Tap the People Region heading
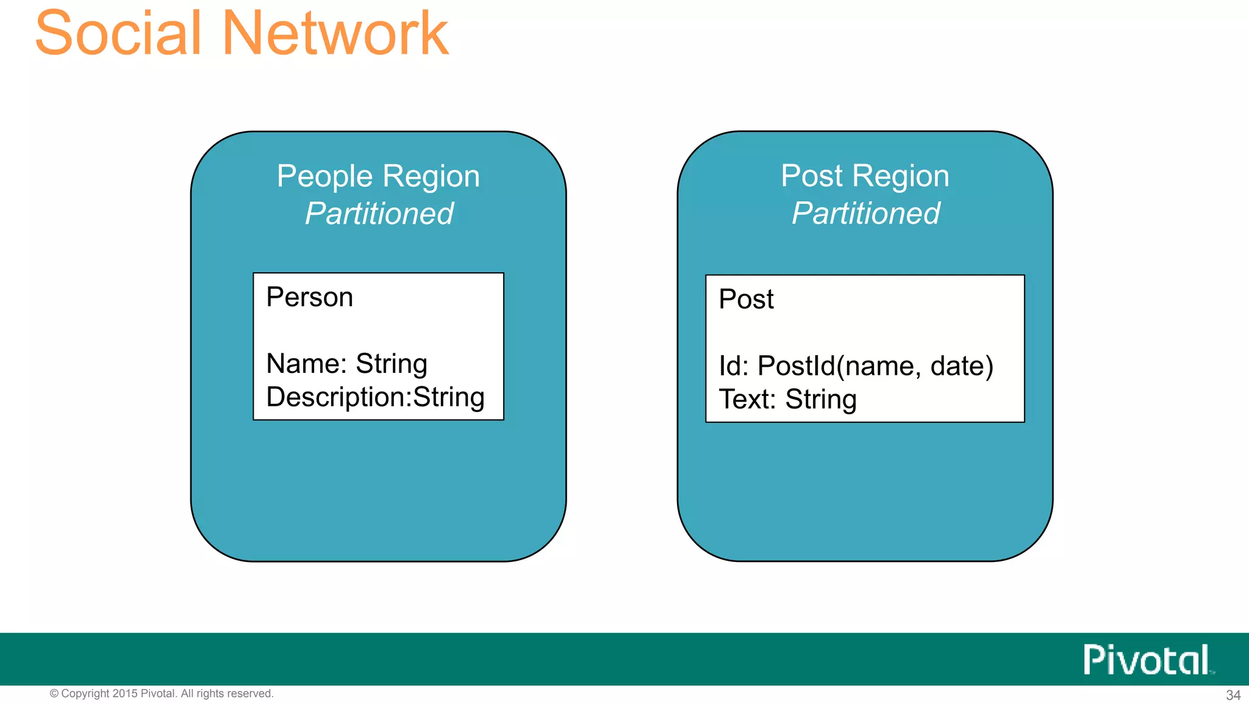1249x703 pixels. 378,176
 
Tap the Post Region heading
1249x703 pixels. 865,176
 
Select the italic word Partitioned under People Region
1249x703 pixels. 379,214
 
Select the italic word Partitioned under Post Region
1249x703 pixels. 865,214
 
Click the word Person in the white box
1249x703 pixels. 310,297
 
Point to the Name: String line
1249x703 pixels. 346,364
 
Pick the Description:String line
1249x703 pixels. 375,397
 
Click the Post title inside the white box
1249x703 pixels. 746,299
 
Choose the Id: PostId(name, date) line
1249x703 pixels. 856,366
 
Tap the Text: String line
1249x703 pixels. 787,399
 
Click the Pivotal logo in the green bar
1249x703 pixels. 1147,660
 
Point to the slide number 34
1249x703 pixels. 1233,695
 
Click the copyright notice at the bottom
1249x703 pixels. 162,694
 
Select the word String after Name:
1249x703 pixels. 391,364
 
